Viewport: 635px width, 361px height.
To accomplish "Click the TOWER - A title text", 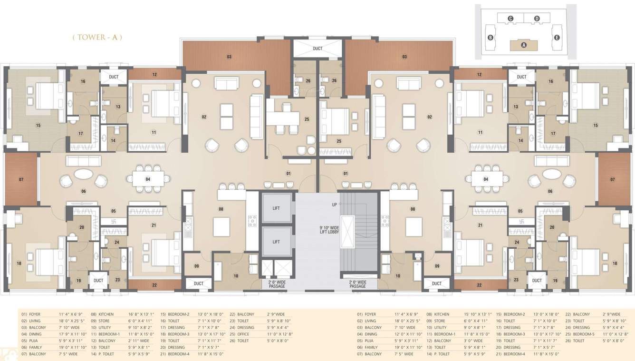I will coord(97,37).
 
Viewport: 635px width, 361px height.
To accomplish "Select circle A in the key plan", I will coord(524,45).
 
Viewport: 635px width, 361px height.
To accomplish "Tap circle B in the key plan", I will coord(490,38).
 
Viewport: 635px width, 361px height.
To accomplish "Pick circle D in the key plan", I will coord(537,19).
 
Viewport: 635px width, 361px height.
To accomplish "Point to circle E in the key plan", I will coord(557,38).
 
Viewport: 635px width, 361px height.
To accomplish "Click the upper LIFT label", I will coord(276,208).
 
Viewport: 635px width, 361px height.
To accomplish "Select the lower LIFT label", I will coord(276,242).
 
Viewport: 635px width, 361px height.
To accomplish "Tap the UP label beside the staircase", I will coord(334,204).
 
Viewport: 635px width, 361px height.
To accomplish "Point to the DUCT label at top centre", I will coord(317,49).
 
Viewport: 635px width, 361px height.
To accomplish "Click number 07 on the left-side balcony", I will coord(21,179).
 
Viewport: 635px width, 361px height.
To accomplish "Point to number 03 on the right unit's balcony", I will coord(404,57).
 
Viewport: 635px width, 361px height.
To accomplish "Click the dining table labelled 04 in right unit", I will coord(486,179).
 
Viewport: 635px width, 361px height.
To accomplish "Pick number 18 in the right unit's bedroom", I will coord(615,263).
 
